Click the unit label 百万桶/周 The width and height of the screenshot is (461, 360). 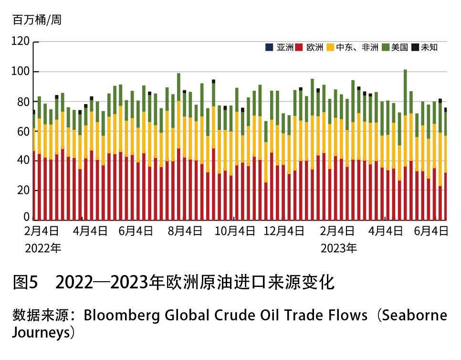tap(37, 20)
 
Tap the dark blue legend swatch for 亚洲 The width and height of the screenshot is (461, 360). tap(269, 47)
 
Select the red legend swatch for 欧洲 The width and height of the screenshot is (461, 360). tap(299, 47)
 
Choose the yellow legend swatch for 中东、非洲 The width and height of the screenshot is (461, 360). tap(329, 47)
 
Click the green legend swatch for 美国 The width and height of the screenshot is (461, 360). tap(385, 47)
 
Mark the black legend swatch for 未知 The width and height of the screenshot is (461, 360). tap(415, 47)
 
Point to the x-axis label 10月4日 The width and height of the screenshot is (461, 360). tap(234, 232)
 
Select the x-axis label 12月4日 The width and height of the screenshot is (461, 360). tap(284, 232)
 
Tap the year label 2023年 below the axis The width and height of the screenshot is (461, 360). tap(338, 248)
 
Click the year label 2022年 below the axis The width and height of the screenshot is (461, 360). tap(43, 248)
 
